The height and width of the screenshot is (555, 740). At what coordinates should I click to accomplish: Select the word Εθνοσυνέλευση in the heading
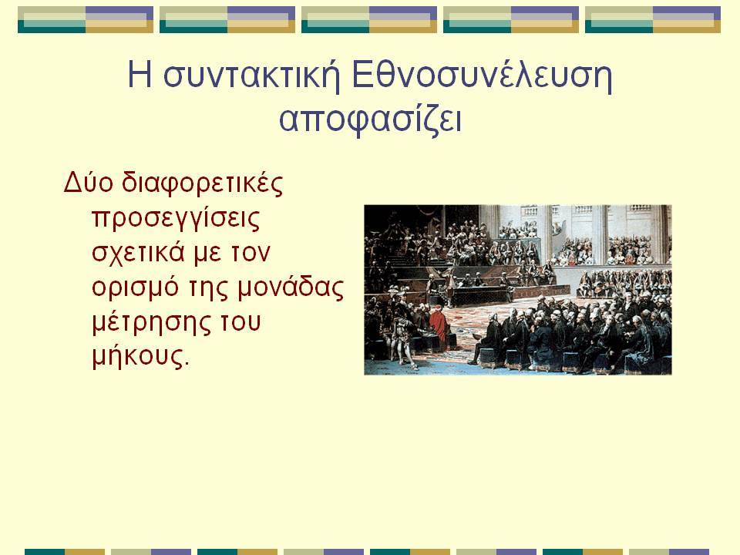(482, 75)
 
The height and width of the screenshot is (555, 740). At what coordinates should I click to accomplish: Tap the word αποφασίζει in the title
(370, 119)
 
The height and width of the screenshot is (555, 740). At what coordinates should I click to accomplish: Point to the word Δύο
(88, 182)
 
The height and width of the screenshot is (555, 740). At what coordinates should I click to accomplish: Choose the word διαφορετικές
(202, 183)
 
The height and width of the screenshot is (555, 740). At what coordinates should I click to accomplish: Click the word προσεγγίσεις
(176, 220)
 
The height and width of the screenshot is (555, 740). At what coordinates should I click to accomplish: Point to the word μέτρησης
(151, 323)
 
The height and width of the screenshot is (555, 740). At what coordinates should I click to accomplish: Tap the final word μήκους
(137, 356)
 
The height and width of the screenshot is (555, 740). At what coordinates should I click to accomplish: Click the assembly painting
(518, 290)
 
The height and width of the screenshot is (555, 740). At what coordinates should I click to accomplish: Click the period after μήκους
(186, 365)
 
